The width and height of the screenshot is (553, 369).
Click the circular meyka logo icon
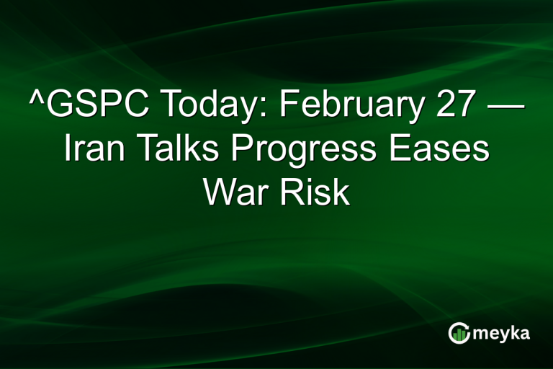(458, 332)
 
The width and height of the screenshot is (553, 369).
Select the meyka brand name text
(502, 334)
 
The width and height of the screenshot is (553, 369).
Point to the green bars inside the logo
(458, 334)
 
